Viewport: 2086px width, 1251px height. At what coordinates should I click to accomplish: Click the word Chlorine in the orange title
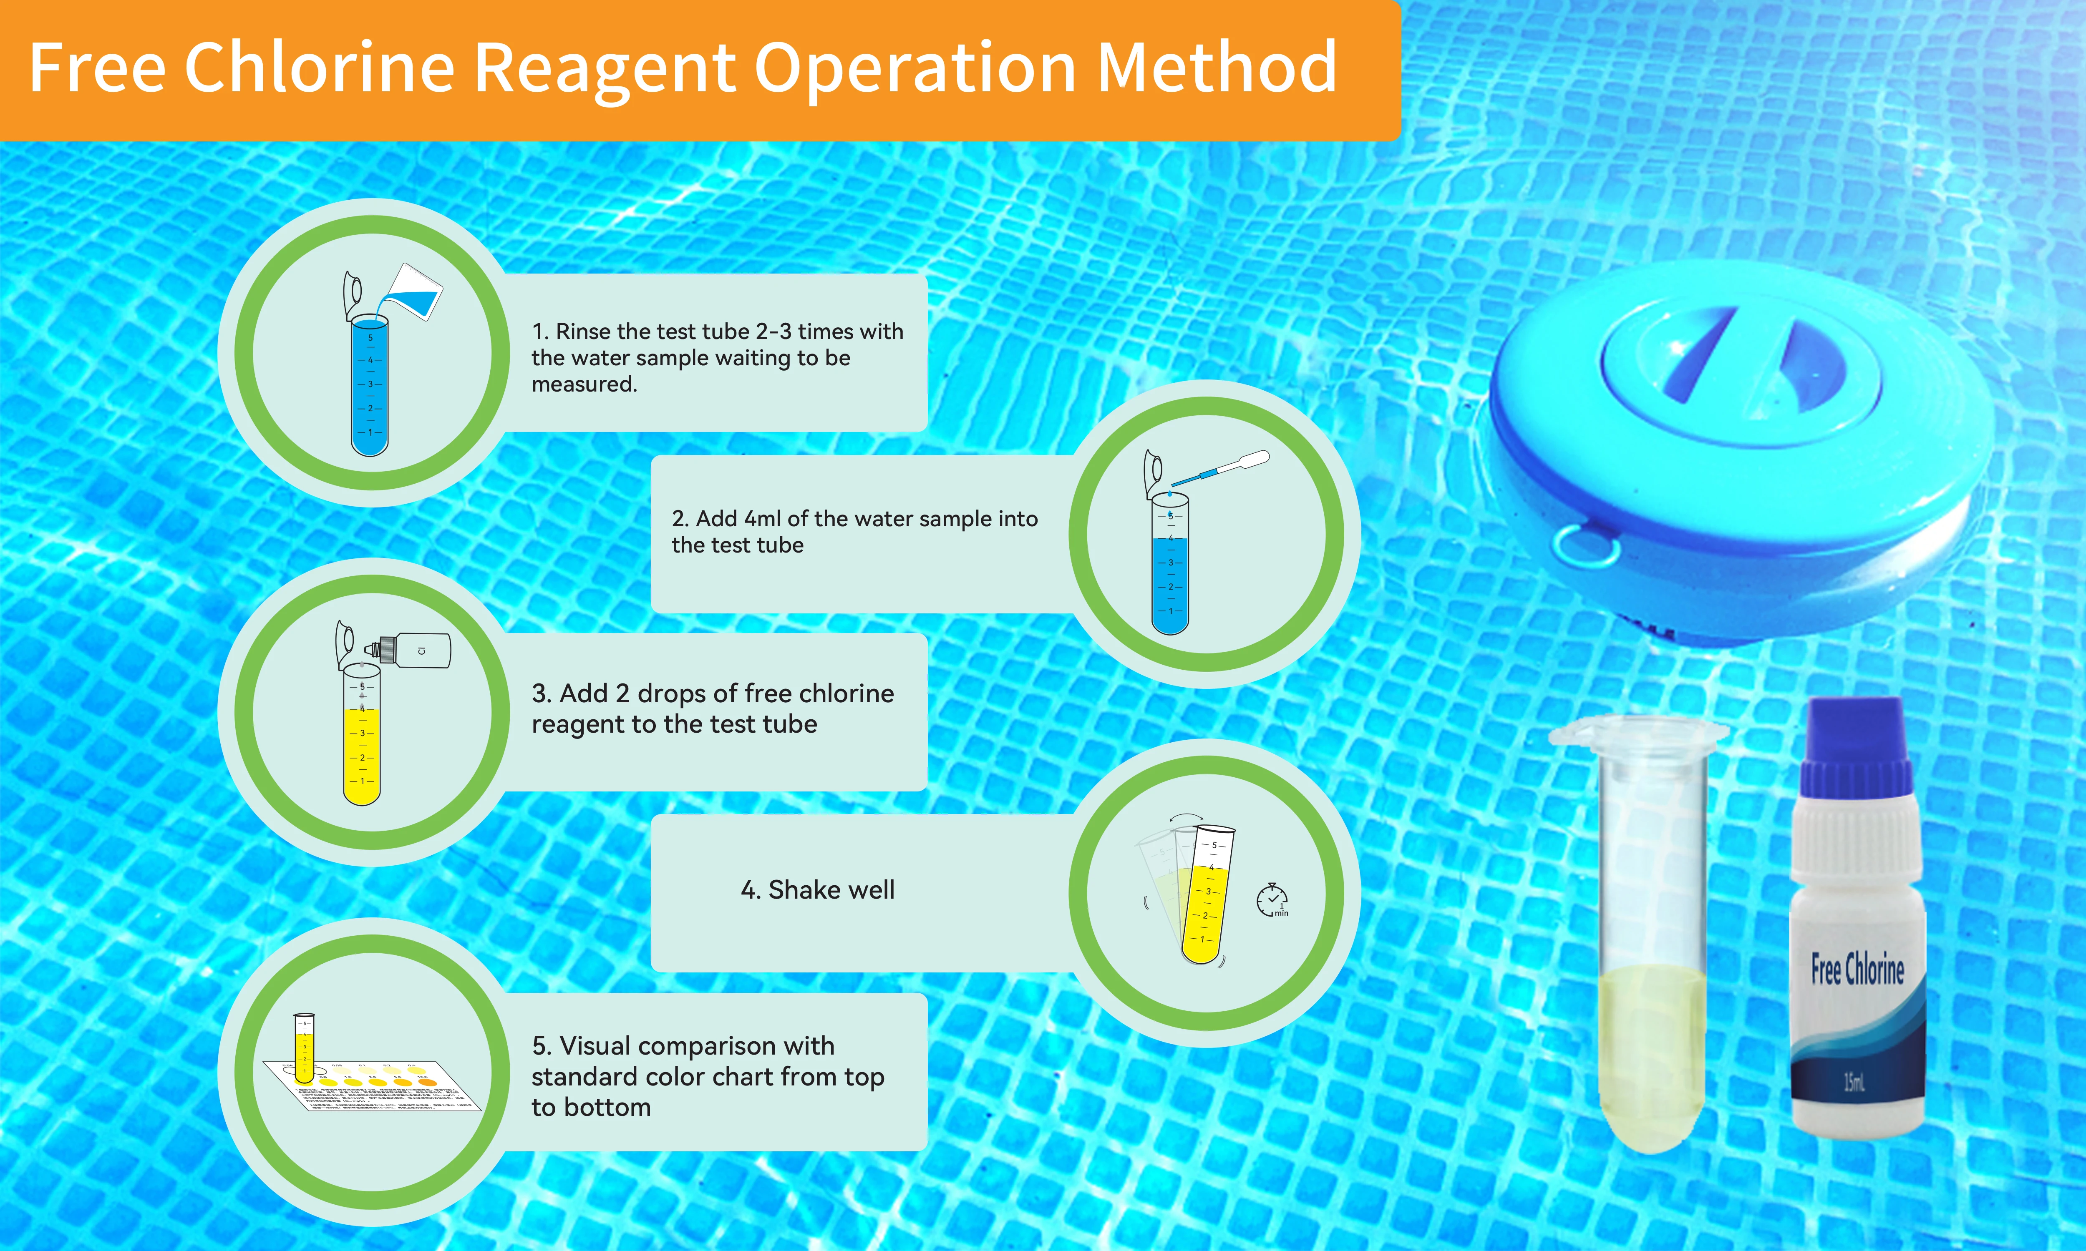[x=319, y=68]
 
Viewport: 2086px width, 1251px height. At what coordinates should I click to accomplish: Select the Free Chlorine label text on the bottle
[x=1857, y=969]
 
